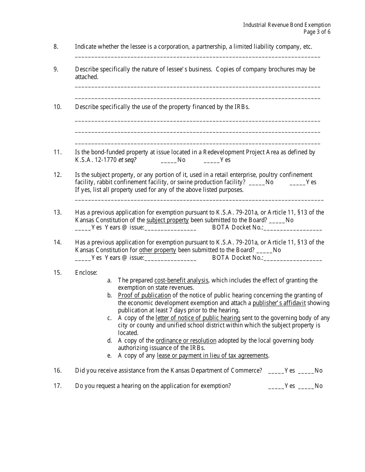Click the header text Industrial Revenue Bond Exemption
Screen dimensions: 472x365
pos(287,25)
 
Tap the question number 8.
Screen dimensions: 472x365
pos(56,47)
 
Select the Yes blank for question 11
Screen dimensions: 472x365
pos(212,160)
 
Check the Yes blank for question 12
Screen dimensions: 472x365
pos(297,182)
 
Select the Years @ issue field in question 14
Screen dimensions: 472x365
pos(170,258)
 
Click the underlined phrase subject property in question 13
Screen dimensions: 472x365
pos(168,220)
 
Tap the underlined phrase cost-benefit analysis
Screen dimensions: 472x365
pos(181,280)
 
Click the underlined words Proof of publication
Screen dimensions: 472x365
pos(144,295)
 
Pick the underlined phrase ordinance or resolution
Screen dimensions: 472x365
pos(186,341)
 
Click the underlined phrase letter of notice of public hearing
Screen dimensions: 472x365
pos(198,318)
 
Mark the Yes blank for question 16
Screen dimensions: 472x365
pos(276,371)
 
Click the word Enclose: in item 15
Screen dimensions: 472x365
pos(86,273)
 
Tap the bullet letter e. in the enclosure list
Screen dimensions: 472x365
pos(109,356)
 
